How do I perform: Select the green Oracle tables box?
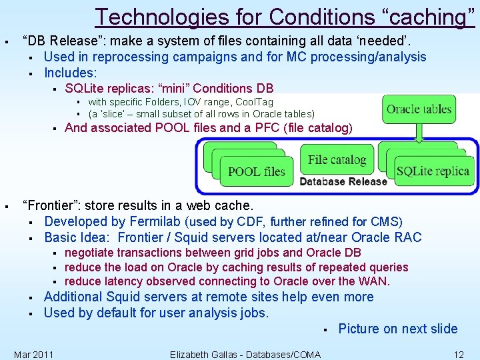click(419, 109)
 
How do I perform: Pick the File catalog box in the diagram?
click(337, 160)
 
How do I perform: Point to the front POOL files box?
click(257, 171)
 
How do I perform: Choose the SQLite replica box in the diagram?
click(433, 171)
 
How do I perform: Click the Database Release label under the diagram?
click(343, 182)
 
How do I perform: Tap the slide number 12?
click(458, 355)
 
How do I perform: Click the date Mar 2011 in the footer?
click(34, 355)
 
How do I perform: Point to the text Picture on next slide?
click(398, 329)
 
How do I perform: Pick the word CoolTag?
click(253, 102)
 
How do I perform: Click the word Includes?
click(70, 73)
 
